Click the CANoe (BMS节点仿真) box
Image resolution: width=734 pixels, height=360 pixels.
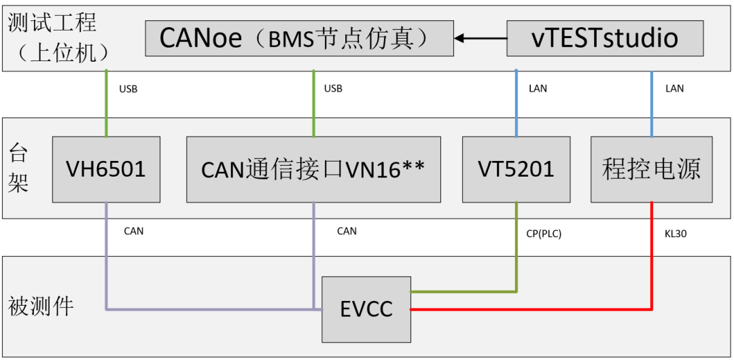299,38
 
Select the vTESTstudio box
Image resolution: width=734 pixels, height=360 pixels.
605,38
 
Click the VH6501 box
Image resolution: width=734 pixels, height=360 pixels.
106,169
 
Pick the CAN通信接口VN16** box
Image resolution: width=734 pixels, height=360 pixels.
313,169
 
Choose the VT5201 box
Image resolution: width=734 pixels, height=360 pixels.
516,169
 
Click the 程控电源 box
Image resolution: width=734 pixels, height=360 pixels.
651,169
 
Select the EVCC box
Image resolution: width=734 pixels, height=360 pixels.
366,310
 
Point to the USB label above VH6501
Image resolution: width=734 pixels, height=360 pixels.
128,89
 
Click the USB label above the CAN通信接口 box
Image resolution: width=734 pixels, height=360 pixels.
333,89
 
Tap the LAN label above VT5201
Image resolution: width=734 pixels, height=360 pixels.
538,89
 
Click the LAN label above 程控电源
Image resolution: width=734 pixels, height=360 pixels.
674,89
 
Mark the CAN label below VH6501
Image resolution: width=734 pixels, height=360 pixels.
134,231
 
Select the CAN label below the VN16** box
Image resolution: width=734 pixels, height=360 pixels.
347,231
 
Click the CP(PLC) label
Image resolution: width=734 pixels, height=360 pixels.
544,234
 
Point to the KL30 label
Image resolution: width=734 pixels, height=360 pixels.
676,234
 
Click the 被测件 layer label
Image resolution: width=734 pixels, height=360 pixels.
41,306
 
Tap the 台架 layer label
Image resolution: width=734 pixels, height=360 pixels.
18,168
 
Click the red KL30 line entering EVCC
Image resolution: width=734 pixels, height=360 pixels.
530,310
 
